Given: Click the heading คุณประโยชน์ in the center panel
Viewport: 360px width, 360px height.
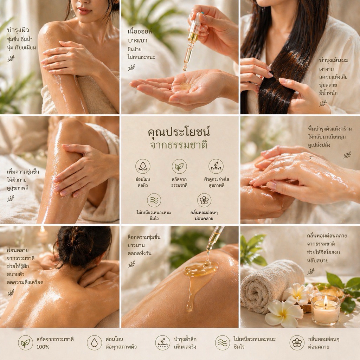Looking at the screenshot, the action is tap(179, 132).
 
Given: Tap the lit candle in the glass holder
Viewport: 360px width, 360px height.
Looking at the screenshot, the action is tap(326, 310).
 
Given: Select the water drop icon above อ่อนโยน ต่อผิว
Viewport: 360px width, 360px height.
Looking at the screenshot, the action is tap(143, 166).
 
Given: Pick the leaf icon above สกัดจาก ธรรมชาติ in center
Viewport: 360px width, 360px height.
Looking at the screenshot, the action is tap(179, 166).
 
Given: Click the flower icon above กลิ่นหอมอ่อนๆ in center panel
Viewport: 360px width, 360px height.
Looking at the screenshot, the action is tap(204, 200).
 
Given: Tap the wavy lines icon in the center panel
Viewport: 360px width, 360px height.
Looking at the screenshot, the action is tap(154, 200).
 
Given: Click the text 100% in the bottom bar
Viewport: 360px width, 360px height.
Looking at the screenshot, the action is tap(43, 347).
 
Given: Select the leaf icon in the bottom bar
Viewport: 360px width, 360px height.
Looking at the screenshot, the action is tap(25, 343).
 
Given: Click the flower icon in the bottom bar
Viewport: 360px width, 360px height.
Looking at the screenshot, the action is tap(297, 343).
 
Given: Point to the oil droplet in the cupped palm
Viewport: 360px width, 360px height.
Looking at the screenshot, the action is tap(186, 86).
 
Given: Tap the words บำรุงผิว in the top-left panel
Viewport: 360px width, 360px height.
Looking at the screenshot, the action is tap(18, 30).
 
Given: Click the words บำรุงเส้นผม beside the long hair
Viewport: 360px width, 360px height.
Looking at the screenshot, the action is tap(334, 60).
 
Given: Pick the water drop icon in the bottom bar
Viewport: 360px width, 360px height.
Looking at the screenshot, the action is tap(94, 343).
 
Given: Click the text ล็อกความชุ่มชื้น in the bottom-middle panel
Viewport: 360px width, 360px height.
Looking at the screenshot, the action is tap(144, 237).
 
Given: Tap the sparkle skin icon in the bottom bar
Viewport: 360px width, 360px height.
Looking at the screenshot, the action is tap(162, 343).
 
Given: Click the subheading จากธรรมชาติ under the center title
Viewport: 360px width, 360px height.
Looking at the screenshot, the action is tap(179, 145).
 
